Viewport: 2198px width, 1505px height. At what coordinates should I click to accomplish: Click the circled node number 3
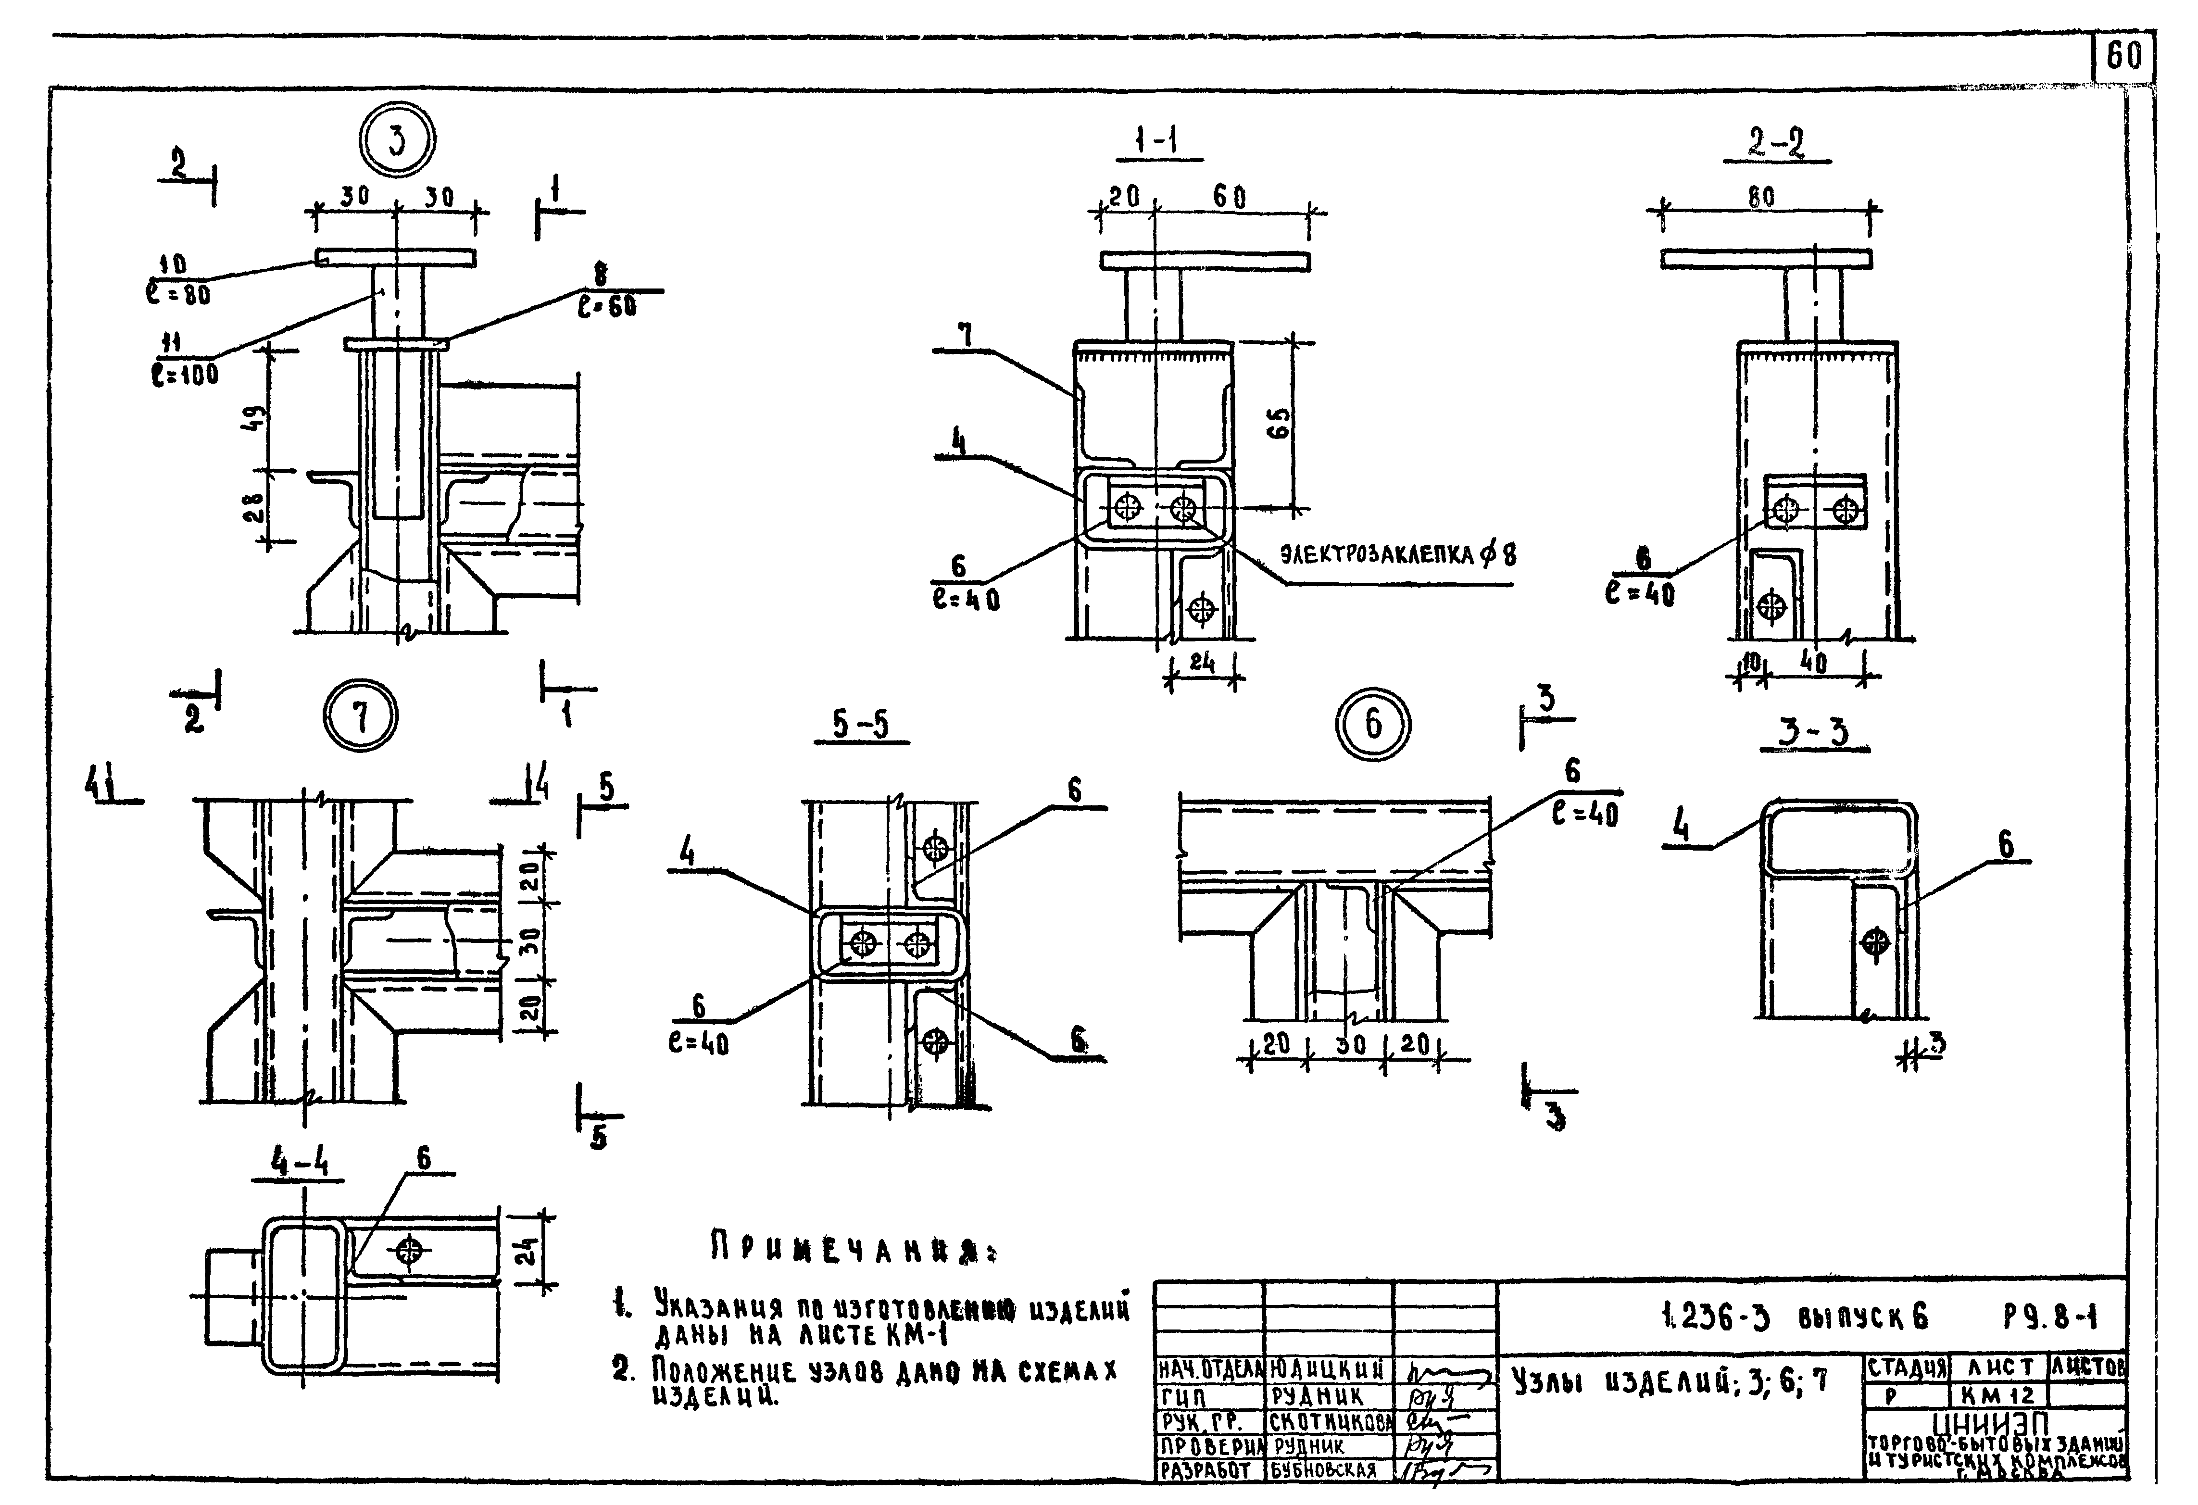[396, 141]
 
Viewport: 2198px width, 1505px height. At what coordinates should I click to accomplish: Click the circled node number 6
[1372, 725]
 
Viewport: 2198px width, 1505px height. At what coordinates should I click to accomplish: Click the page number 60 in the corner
[2123, 57]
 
